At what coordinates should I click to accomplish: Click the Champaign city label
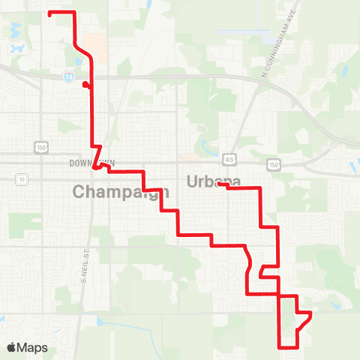click(x=121, y=191)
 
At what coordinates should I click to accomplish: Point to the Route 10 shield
click(x=22, y=179)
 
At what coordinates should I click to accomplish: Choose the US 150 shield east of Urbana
click(x=274, y=163)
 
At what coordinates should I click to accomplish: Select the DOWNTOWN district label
click(x=89, y=163)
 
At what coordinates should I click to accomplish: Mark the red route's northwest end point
click(x=49, y=13)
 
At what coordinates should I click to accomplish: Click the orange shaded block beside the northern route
click(x=94, y=42)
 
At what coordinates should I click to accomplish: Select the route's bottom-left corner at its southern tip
click(x=280, y=347)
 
